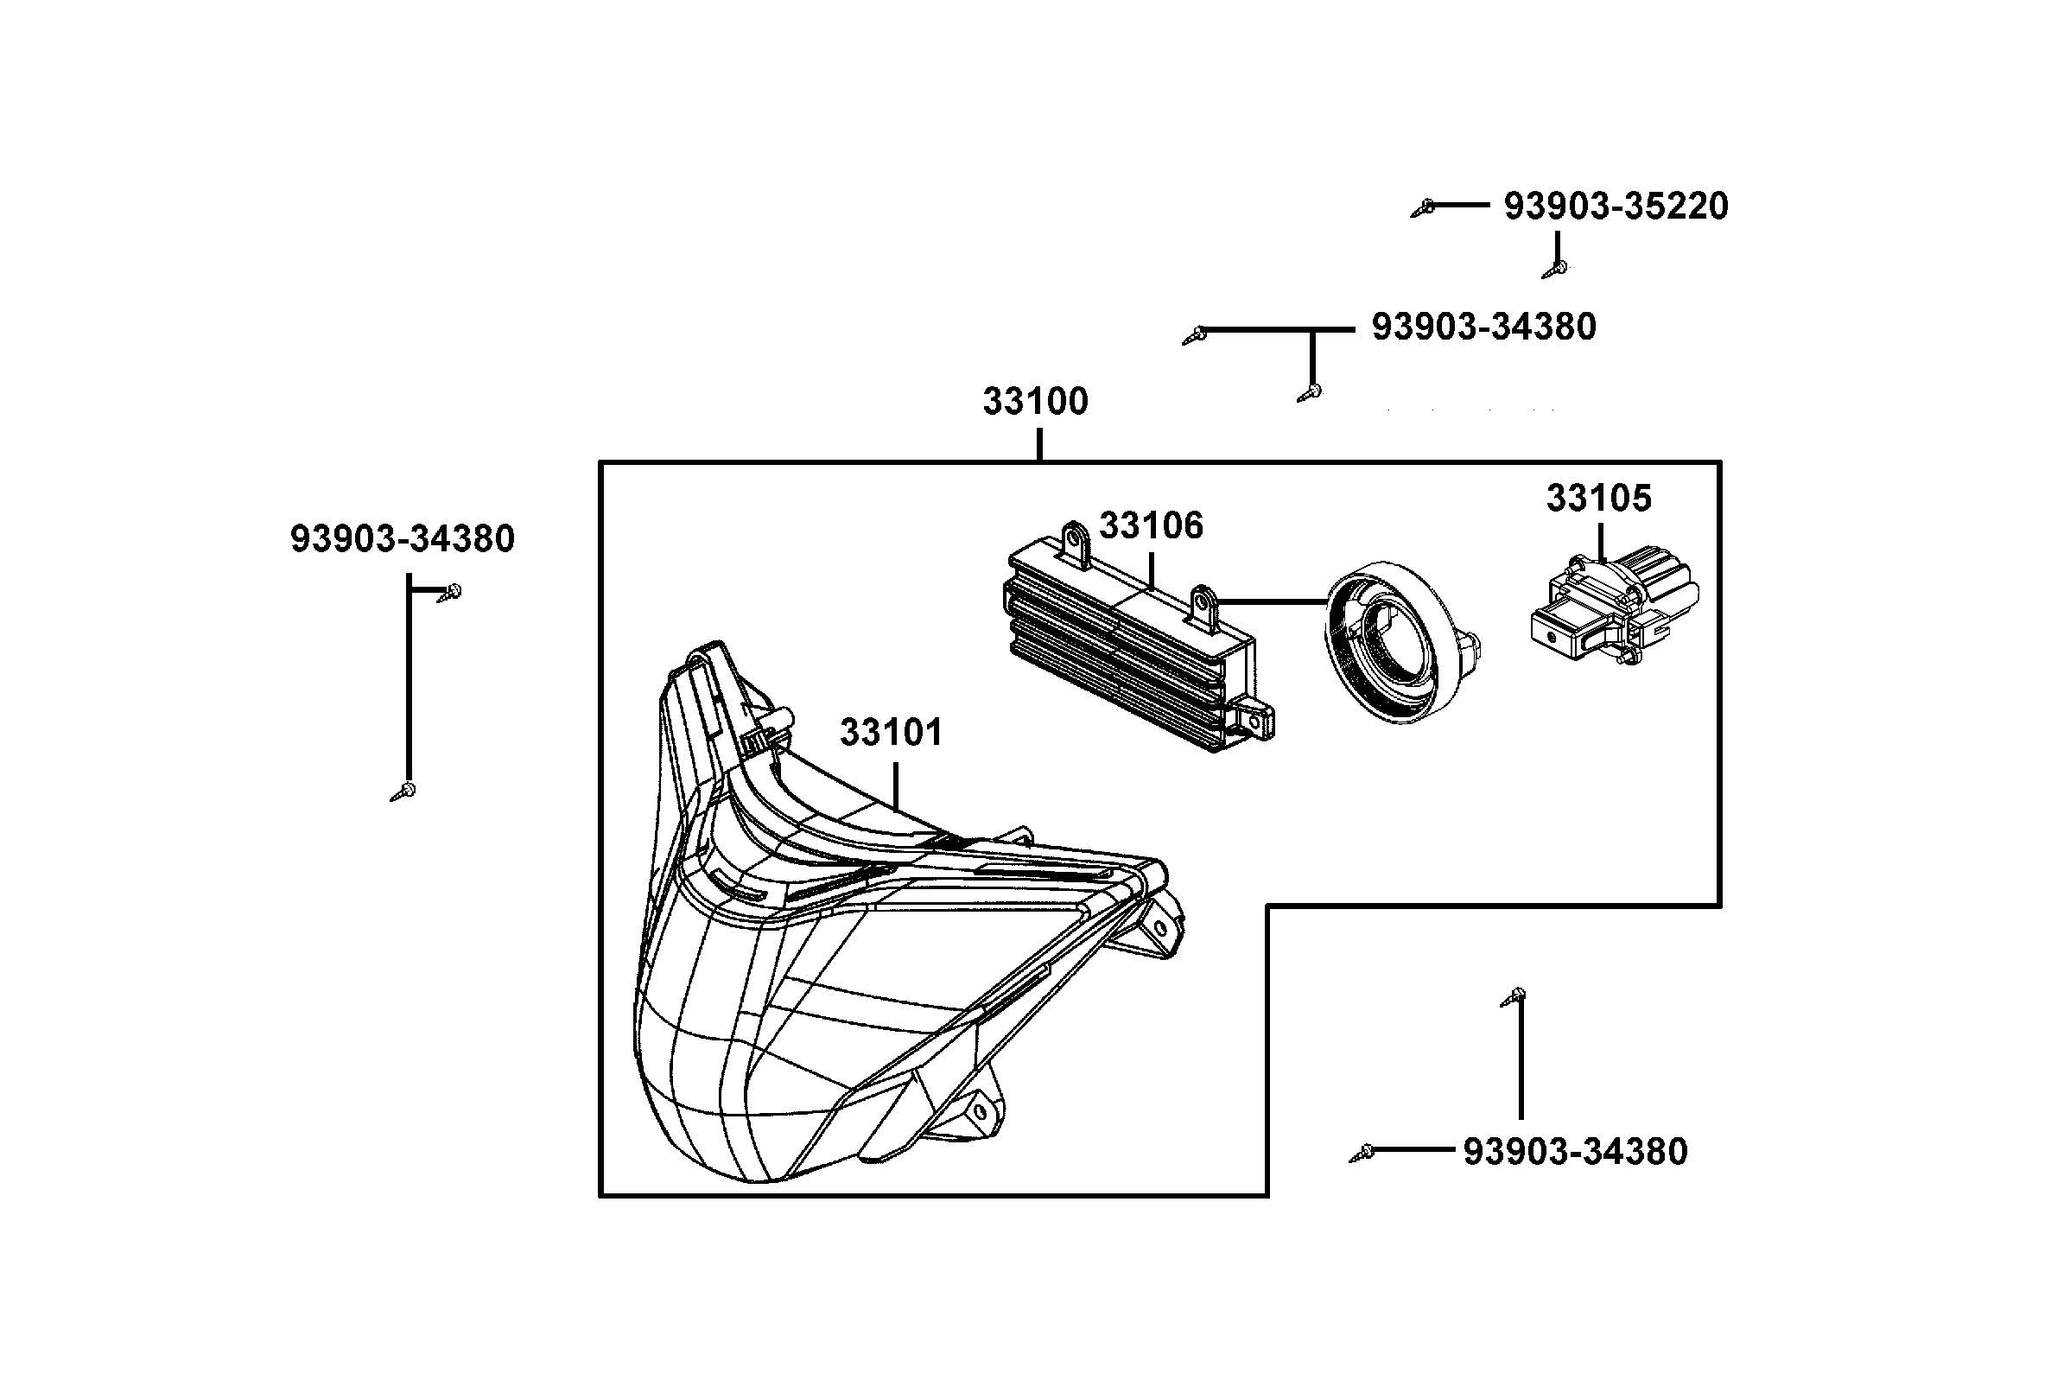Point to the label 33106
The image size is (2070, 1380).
pos(1150,525)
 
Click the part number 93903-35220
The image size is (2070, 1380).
pos(1616,206)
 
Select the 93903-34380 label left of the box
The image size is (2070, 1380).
pos(402,538)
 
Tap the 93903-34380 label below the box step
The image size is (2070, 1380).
pos(1575,1152)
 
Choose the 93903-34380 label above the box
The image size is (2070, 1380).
pos(1483,327)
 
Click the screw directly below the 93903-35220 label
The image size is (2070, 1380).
pos(1555,268)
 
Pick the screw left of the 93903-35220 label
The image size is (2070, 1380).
pos(1424,208)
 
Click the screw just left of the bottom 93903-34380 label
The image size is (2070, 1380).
pos(1362,1152)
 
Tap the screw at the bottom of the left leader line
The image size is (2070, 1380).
pos(403,791)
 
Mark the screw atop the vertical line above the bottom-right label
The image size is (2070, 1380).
pos(1514,996)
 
